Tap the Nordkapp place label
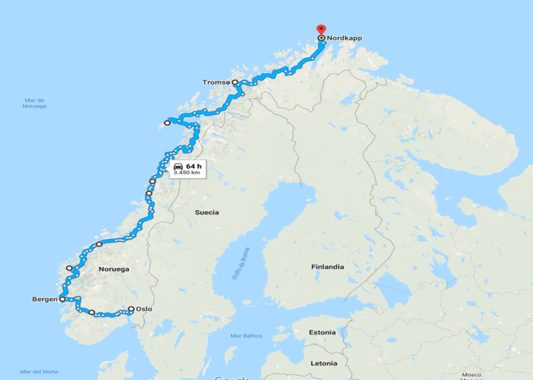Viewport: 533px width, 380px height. click(344, 38)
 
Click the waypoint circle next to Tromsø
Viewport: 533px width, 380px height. click(235, 83)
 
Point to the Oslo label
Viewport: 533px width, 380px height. click(144, 309)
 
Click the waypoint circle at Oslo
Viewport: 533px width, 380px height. click(131, 309)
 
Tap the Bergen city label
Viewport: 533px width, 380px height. click(45, 299)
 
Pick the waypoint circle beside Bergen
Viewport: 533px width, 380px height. click(62, 299)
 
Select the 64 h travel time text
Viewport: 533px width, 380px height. click(193, 166)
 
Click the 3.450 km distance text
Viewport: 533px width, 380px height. click(186, 173)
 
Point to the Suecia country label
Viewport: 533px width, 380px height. click(206, 212)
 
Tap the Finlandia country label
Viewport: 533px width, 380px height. click(327, 266)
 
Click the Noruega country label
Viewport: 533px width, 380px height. click(114, 269)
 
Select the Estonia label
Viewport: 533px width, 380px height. click(322, 332)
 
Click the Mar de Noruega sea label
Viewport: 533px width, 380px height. click(34, 103)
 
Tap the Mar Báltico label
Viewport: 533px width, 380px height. click(245, 336)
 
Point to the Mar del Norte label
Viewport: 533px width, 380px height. click(40, 371)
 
